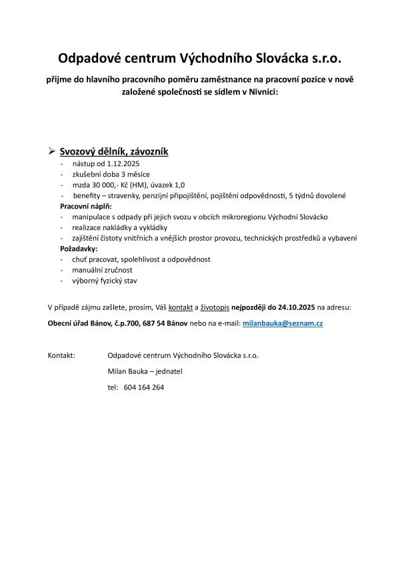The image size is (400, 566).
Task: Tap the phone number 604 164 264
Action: coord(144,387)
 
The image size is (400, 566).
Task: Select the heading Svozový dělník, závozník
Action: coord(113,152)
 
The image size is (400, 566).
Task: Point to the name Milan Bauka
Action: coord(127,371)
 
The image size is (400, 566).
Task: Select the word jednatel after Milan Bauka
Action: coord(171,371)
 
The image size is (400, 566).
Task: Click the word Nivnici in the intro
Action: coord(264,93)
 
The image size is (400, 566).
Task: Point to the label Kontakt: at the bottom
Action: coord(61,355)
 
